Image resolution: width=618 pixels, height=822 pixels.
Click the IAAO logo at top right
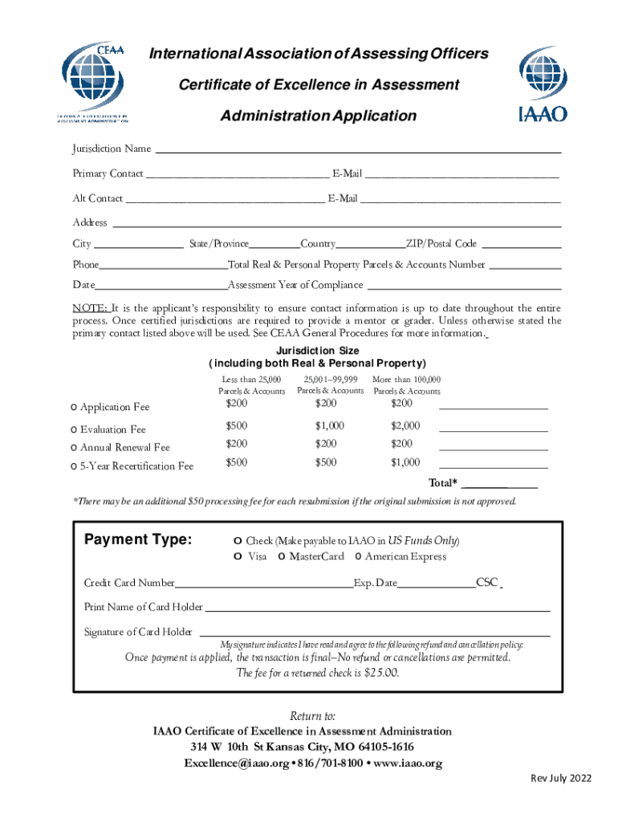pos(543,83)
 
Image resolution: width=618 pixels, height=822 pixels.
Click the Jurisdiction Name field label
pos(112,149)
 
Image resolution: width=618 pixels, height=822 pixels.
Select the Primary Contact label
pos(108,173)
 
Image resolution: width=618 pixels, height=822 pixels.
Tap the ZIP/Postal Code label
pos(441,244)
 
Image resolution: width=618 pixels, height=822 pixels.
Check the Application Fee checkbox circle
pos(74,407)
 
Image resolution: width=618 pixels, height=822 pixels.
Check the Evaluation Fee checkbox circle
pos(74,429)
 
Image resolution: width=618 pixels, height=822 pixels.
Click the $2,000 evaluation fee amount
pos(405,425)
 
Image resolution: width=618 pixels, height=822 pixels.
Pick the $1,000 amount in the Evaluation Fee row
pos(330,425)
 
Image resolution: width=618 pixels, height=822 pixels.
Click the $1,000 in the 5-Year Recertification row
pos(405,462)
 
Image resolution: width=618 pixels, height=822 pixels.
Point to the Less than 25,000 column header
pos(251,385)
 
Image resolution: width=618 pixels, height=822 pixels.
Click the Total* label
pos(443,483)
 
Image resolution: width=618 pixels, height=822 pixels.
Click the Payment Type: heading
pos(138,539)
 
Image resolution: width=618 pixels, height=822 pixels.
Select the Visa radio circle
pos(238,556)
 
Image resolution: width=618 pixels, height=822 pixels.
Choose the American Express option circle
pos(358,556)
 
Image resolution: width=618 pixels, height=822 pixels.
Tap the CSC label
pos(487,583)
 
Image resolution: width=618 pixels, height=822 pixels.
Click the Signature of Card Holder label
pos(138,632)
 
